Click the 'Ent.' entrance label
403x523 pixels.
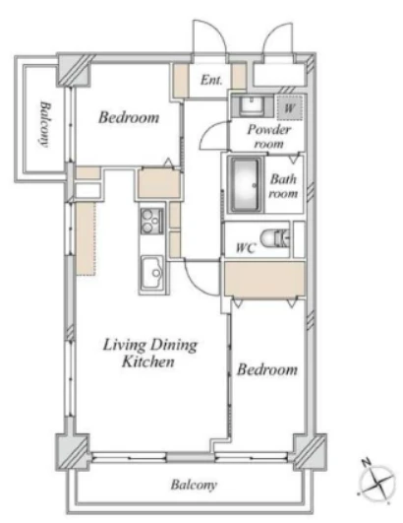pos(211,80)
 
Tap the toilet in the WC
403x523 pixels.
pos(275,238)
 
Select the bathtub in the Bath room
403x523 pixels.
pos(246,185)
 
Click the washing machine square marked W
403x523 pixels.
pos(290,107)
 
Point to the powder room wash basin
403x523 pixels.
pos(253,105)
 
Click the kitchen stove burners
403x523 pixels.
pos(151,221)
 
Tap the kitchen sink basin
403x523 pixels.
pos(152,273)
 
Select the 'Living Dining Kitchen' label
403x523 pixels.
pos(149,354)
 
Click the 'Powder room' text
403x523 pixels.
pos(269,137)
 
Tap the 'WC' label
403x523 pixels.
pos(246,248)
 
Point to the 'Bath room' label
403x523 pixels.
pos(283,186)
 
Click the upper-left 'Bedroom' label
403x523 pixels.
pos(129,117)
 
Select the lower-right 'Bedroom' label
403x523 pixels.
pos(267,369)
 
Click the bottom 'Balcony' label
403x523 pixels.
pos(194,485)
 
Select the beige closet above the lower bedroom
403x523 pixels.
pos(264,279)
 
